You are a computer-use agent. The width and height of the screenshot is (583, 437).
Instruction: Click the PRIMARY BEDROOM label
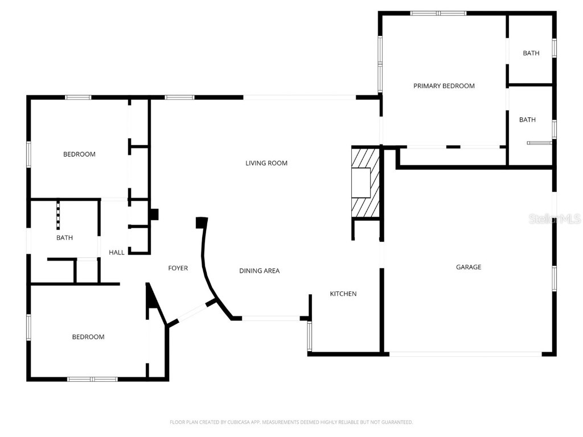point(444,86)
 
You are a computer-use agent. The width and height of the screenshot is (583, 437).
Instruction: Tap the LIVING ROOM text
point(266,163)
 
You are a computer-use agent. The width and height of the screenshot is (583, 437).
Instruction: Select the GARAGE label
point(468,267)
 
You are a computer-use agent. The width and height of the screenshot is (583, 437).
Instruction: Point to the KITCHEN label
point(343,294)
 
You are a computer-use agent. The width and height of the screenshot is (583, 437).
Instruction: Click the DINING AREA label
point(259,271)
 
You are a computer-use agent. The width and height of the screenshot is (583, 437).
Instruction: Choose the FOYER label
point(178,268)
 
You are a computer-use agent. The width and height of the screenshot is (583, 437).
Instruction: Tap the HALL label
point(117,253)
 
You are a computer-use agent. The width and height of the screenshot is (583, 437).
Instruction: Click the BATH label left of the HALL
point(64,238)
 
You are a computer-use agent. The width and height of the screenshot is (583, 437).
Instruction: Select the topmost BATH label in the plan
point(531,53)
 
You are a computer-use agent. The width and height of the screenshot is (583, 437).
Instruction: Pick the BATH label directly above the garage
point(527,119)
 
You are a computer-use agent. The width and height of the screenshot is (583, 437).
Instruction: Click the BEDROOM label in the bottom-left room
point(88,337)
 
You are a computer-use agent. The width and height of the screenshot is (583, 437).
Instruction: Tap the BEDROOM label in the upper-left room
point(79,154)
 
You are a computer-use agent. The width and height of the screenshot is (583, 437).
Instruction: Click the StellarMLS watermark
point(554,218)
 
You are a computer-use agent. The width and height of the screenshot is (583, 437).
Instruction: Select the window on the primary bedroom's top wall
point(438,13)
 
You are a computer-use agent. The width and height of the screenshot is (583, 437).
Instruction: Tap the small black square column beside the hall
point(154,215)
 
